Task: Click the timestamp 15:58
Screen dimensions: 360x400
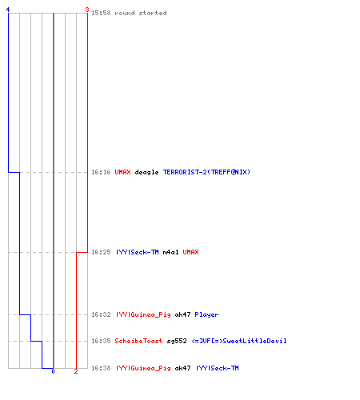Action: pos(101,13)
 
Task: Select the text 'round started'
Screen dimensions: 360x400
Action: pos(141,13)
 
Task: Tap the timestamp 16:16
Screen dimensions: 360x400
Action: pos(101,172)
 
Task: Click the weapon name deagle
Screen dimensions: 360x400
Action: pos(146,172)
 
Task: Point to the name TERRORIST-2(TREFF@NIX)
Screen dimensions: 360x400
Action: pos(206,172)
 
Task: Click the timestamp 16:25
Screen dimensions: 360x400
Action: pos(101,252)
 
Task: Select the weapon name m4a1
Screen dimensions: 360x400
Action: pos(170,252)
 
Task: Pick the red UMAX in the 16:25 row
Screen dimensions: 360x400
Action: pos(190,252)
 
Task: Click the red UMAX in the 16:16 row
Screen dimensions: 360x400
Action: pos(122,172)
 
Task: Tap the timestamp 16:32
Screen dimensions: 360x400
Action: pos(101,314)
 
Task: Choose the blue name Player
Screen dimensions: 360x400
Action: pos(206,315)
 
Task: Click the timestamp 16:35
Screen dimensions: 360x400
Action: pos(101,341)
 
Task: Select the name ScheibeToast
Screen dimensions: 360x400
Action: pos(138,341)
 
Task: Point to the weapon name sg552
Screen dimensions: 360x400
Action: pos(177,341)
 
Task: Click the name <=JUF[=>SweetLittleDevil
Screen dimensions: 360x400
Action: pos(239,341)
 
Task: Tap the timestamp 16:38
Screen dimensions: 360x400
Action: pos(101,368)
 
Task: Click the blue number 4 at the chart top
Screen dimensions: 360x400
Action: pos(8,10)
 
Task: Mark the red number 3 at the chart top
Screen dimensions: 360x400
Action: pos(87,10)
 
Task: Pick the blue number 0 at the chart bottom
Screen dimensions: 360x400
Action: pos(53,371)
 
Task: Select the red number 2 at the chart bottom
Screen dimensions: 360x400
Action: pos(76,371)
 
